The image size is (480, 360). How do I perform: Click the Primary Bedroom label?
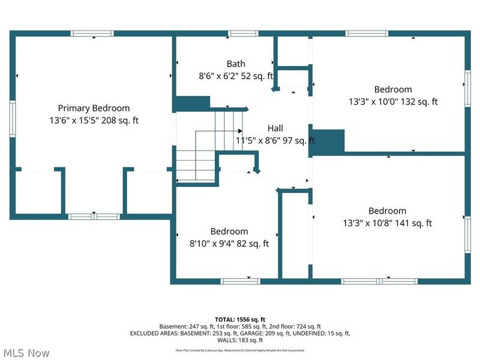click(x=94, y=108)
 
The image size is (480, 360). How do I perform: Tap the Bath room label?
click(x=235, y=64)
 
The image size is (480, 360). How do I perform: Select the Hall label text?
click(x=275, y=128)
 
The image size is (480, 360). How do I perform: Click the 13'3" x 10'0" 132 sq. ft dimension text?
click(x=393, y=101)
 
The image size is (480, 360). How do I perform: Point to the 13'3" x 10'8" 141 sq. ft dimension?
click(x=387, y=223)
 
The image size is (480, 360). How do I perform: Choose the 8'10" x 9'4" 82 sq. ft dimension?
click(x=229, y=244)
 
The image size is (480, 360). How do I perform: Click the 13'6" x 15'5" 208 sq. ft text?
click(x=94, y=120)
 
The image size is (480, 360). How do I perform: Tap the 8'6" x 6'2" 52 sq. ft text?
click(x=236, y=76)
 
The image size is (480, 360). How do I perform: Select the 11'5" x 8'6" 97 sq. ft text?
click(x=275, y=141)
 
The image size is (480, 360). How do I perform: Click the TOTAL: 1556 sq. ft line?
click(x=240, y=319)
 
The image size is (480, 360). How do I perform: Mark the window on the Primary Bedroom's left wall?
click(x=12, y=119)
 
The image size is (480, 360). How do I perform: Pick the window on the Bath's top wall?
click(x=229, y=34)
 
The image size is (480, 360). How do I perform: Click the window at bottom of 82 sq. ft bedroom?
click(x=240, y=281)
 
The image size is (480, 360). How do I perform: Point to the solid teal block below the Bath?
click(x=191, y=104)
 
